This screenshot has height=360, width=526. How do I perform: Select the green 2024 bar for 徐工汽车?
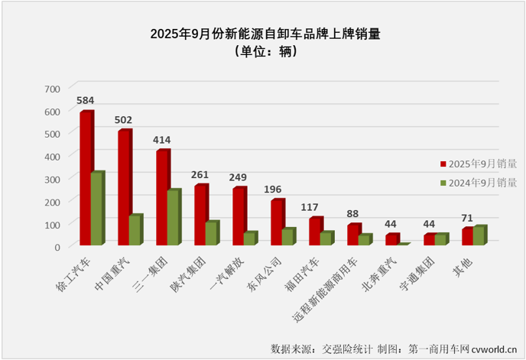click(x=96, y=209)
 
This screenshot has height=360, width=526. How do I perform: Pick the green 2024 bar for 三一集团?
click(x=173, y=217)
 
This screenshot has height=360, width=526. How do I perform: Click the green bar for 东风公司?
click(x=287, y=236)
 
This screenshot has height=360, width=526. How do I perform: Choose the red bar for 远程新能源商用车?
click(x=352, y=235)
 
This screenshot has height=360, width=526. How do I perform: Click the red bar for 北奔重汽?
click(x=391, y=239)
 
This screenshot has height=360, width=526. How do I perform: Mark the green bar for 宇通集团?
click(x=440, y=239)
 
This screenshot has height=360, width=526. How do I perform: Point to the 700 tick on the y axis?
click(x=50, y=89)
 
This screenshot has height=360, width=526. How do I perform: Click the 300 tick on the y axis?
click(x=50, y=179)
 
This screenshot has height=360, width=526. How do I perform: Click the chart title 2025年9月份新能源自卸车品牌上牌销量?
click(x=265, y=34)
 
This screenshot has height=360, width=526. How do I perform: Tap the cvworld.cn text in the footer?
click(x=495, y=349)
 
